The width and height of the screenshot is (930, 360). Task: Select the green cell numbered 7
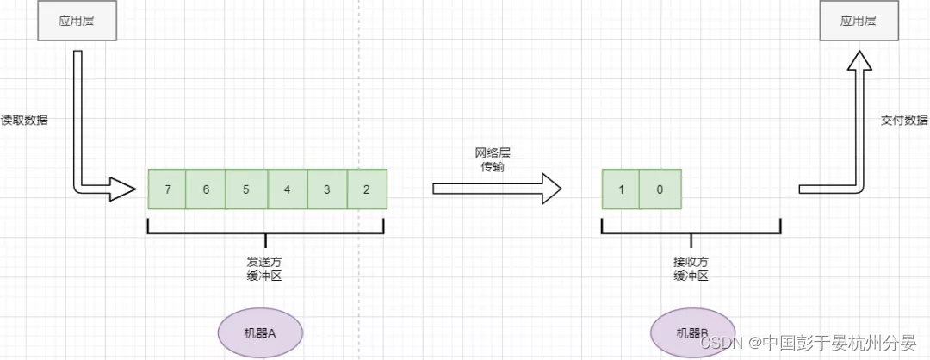click(x=167, y=189)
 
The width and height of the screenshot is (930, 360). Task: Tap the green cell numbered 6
click(x=206, y=189)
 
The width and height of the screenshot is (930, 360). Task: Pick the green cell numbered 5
click(x=246, y=189)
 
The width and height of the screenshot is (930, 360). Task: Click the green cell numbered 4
click(x=287, y=189)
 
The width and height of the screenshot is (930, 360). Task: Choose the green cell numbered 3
click(x=327, y=189)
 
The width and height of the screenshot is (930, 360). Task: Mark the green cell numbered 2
click(x=367, y=189)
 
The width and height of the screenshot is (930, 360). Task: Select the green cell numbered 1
click(x=620, y=189)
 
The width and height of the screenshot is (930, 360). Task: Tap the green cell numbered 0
click(x=660, y=189)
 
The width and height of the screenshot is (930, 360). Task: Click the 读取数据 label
click(x=24, y=121)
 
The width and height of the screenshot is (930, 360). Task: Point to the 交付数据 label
click(x=905, y=121)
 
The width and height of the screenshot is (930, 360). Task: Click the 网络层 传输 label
click(x=493, y=159)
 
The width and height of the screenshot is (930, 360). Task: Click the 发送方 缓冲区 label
click(x=265, y=268)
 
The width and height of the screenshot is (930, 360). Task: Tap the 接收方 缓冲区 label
click(x=691, y=268)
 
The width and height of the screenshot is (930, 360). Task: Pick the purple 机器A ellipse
click(x=259, y=332)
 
